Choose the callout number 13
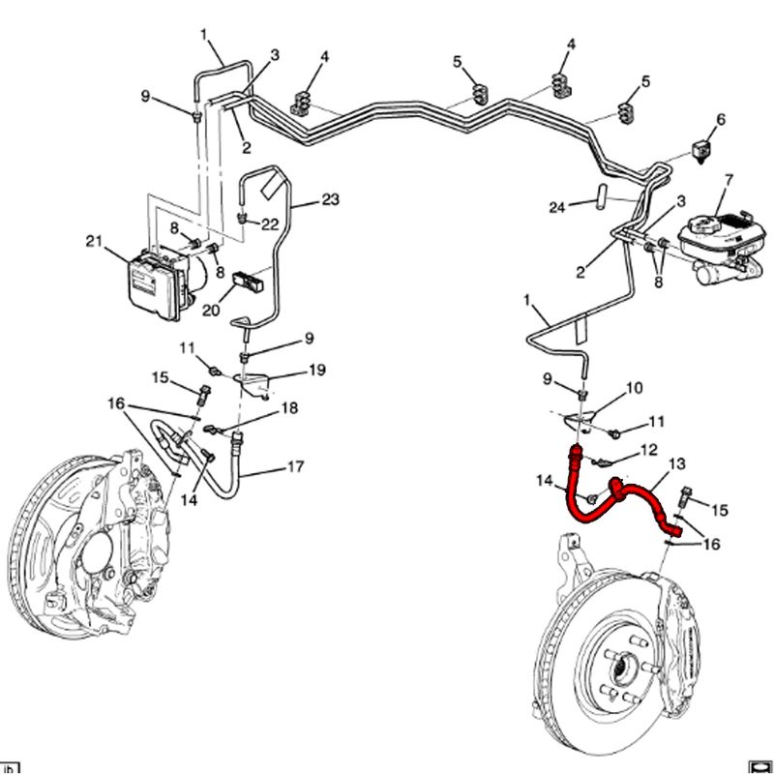(x=676, y=464)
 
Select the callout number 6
(x=719, y=120)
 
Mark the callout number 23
(x=330, y=200)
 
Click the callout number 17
(x=295, y=467)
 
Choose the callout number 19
(x=316, y=370)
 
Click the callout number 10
(x=634, y=388)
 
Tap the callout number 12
(x=648, y=449)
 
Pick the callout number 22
(x=270, y=223)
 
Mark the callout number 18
(x=288, y=408)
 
